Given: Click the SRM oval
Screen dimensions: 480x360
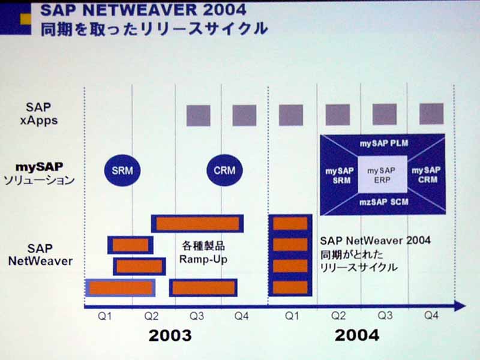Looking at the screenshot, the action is (x=122, y=170).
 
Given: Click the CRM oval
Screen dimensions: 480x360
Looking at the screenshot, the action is (x=224, y=170).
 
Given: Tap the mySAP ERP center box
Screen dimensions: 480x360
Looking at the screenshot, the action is (x=382, y=175).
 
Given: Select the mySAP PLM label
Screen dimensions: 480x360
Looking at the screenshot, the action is (x=383, y=143).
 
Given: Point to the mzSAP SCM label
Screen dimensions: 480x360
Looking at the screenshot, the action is (x=383, y=202).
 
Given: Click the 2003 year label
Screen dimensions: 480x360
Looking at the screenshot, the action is (x=170, y=335).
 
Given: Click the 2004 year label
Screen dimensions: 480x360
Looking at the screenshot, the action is (x=357, y=335).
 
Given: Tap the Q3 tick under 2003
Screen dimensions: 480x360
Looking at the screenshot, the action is (x=197, y=316).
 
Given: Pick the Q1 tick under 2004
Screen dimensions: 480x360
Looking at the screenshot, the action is (x=292, y=316).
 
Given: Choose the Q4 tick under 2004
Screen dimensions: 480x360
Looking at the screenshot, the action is (x=431, y=316).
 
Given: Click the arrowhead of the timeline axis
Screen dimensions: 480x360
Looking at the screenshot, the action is (x=460, y=306).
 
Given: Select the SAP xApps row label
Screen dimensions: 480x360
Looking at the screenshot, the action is (x=39, y=113).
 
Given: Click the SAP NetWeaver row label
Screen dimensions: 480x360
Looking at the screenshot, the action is (x=40, y=254).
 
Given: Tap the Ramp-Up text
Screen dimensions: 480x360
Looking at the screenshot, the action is (x=203, y=259).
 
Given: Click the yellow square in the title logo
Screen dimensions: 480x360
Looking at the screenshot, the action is (x=26, y=19).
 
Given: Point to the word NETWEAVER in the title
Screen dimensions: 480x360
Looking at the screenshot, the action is (x=140, y=10).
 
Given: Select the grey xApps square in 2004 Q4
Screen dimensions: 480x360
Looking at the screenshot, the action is (x=431, y=114).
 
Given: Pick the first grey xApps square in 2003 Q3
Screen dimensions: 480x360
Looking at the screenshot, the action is (x=199, y=116).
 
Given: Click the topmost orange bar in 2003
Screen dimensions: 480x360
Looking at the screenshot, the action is (x=197, y=224).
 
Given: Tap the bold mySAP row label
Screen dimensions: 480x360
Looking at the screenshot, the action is (x=39, y=167).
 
